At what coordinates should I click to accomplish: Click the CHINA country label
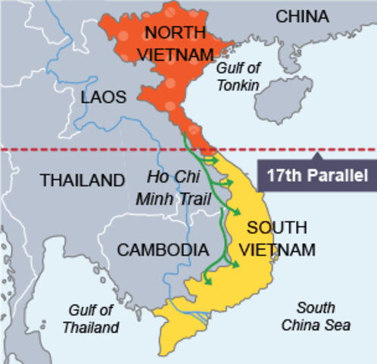point(301,17)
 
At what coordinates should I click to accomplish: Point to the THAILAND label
point(82,181)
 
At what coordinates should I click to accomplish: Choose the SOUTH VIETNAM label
point(278,237)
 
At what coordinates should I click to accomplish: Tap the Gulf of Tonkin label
point(240,77)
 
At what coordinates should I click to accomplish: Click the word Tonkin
point(238,85)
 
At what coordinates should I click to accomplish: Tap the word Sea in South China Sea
point(338,325)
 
